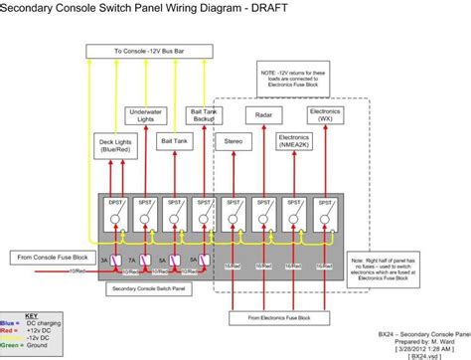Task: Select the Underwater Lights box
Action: (x=146, y=114)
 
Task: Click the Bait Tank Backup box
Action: (x=204, y=115)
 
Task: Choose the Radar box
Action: (x=263, y=115)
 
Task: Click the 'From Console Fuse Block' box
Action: (x=53, y=258)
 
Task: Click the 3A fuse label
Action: (x=103, y=262)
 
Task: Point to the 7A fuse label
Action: (x=132, y=262)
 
